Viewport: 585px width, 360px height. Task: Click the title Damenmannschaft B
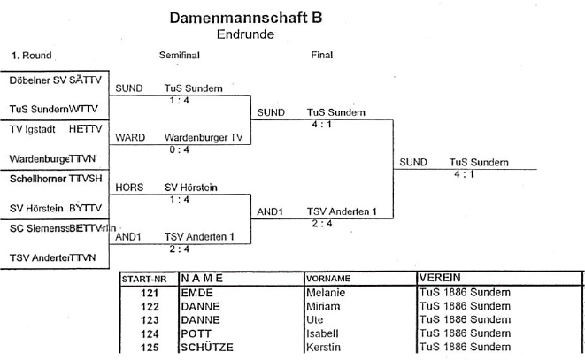pyautogui.click(x=245, y=17)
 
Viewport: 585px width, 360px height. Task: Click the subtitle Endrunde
pyautogui.click(x=245, y=34)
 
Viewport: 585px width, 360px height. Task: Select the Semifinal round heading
pyautogui.click(x=179, y=56)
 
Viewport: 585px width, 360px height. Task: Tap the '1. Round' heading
pyautogui.click(x=31, y=56)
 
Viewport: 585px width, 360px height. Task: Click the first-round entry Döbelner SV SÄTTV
pyautogui.click(x=56, y=80)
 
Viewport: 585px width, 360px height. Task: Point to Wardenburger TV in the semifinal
pyautogui.click(x=203, y=138)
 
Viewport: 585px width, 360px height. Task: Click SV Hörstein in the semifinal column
pyautogui.click(x=191, y=188)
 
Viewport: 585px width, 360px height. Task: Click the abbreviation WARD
pyautogui.click(x=130, y=138)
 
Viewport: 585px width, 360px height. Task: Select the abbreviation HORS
pyautogui.click(x=129, y=188)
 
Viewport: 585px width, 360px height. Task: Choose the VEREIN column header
pyautogui.click(x=441, y=278)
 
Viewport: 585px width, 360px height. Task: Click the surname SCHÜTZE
pyautogui.click(x=207, y=348)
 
